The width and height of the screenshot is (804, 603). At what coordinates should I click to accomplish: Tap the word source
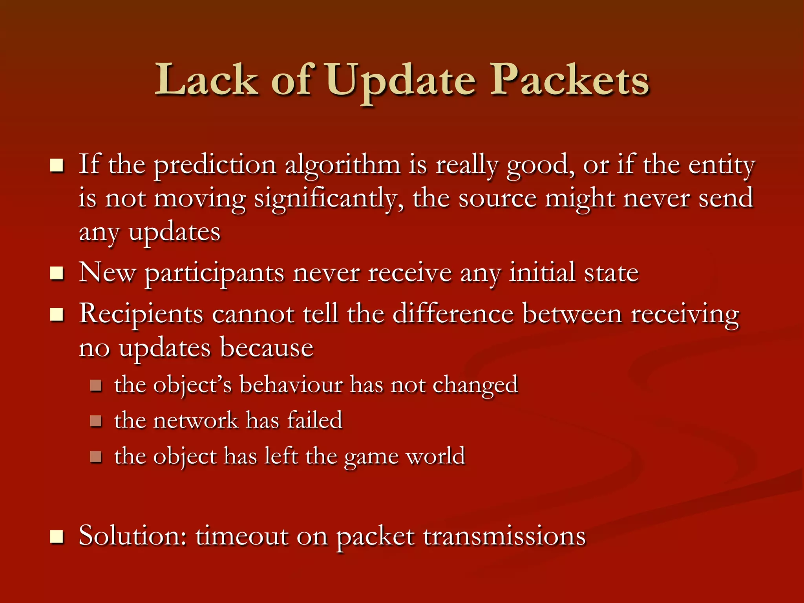pyautogui.click(x=497, y=199)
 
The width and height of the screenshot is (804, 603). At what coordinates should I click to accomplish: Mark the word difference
pyautogui.click(x=453, y=314)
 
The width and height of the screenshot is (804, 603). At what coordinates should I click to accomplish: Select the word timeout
pyautogui.click(x=241, y=535)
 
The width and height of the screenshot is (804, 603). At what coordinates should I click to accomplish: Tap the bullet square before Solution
pyautogui.click(x=57, y=537)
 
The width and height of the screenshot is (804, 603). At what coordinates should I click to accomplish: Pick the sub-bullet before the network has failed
pyautogui.click(x=96, y=421)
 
